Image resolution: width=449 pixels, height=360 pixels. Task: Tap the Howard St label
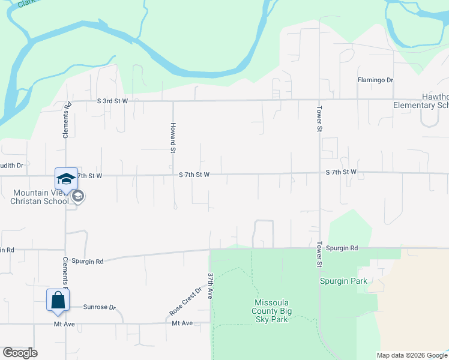tap(172, 138)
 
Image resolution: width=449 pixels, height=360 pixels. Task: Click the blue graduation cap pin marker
tap(66, 179)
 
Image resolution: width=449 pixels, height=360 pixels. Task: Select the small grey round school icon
tap(77, 196)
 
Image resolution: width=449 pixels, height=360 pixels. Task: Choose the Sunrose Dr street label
tap(99, 307)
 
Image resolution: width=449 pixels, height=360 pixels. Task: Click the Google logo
tap(20, 353)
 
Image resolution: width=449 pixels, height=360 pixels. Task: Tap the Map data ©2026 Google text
tap(411, 355)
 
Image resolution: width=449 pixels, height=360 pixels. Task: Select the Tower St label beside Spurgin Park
tap(319, 255)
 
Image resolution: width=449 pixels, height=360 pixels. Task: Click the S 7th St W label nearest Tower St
tap(341, 172)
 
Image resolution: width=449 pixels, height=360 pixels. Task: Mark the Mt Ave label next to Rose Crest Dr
tap(182, 323)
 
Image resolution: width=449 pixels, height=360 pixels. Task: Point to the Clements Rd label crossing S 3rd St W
tap(67, 120)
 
